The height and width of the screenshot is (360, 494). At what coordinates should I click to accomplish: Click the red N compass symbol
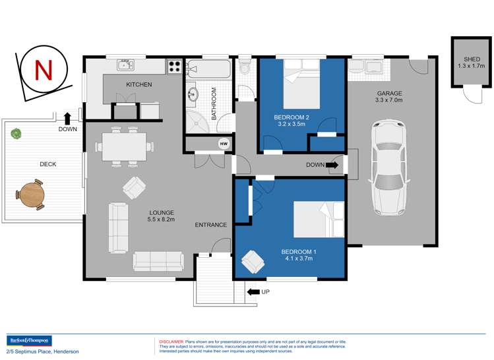44,70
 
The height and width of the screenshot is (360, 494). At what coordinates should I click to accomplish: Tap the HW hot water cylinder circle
223,144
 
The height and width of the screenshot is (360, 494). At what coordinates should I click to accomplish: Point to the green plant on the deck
15,133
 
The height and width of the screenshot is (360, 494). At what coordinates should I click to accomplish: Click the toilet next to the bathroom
245,68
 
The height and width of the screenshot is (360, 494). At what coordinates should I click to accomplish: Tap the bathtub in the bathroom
209,69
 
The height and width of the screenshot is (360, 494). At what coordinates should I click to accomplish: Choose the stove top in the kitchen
175,67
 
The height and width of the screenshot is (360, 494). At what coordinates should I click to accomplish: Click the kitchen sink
126,65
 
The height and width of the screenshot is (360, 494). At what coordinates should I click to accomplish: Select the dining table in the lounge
124,146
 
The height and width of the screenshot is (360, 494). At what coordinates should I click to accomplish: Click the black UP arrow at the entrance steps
253,291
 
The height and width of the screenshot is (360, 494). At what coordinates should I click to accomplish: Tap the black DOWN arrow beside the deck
67,118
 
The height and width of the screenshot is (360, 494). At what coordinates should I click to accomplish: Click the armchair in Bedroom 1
253,262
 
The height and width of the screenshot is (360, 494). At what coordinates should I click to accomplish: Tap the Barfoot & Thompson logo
28,341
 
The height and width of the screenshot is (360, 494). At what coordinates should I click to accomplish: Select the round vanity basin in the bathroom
193,94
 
